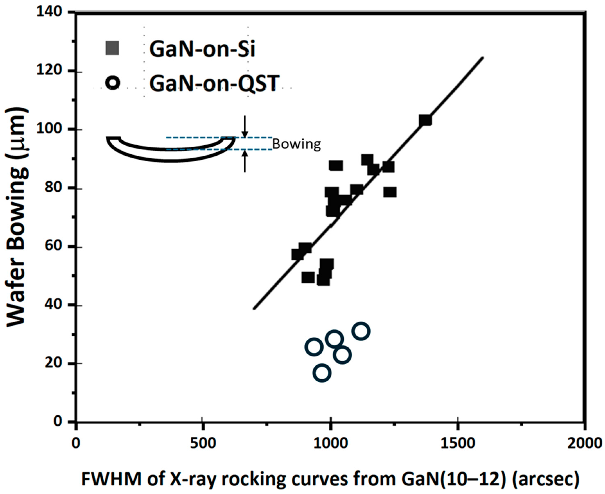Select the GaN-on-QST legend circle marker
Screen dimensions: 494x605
coord(113,83)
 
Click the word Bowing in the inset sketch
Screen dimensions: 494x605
coord(296,144)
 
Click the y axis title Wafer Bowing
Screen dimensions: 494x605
coord(18,216)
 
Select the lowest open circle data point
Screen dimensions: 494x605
coord(322,373)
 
